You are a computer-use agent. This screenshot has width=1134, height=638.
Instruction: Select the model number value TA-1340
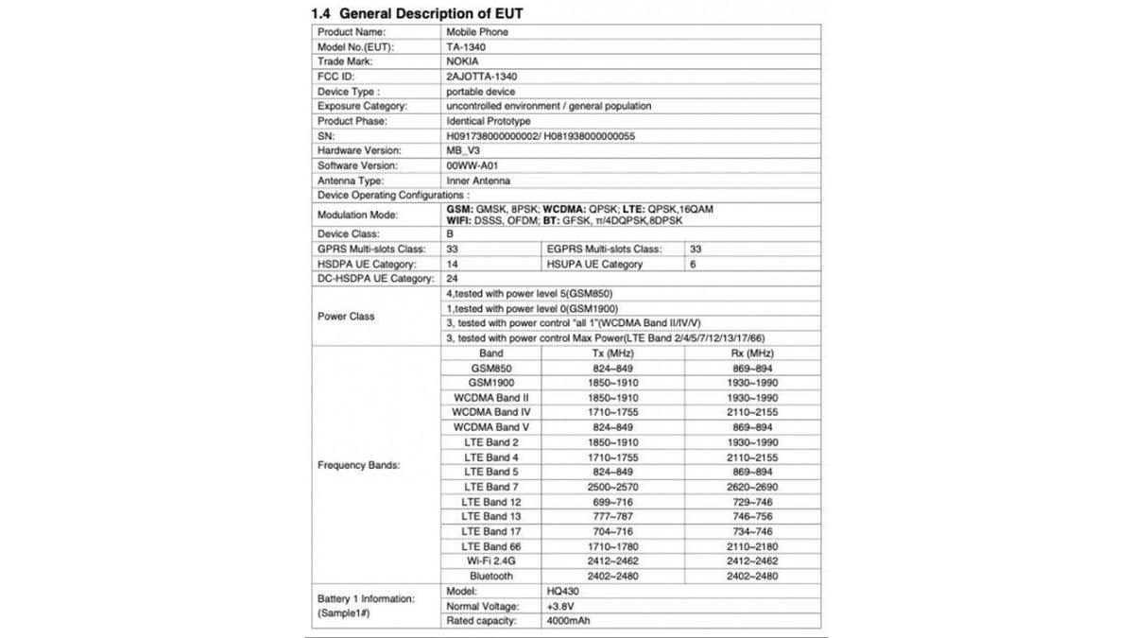click(x=469, y=46)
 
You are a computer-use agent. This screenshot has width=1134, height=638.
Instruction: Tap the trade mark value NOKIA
click(x=463, y=61)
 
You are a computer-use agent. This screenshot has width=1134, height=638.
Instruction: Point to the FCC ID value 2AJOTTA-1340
click(x=482, y=77)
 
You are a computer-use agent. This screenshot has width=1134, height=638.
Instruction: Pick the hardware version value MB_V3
click(x=465, y=150)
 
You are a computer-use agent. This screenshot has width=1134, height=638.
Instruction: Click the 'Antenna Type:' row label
click(x=351, y=181)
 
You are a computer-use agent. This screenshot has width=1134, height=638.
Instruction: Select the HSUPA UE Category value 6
click(x=693, y=264)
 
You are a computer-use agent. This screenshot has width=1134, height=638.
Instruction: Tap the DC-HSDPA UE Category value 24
click(x=453, y=279)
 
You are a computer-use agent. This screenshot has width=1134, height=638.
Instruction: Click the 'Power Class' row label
click(x=346, y=317)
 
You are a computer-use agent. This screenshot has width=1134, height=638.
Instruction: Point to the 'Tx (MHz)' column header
click(x=606, y=353)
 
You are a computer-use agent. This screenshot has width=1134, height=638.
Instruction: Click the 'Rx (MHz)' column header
click(x=740, y=353)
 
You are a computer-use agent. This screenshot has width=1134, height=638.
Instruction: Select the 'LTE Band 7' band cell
click(x=490, y=487)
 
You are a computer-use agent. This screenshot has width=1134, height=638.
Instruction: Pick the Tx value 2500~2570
click(x=606, y=487)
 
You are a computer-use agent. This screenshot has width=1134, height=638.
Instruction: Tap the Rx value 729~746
click(x=740, y=502)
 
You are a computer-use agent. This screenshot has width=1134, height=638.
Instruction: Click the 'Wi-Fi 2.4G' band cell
click(x=490, y=561)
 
